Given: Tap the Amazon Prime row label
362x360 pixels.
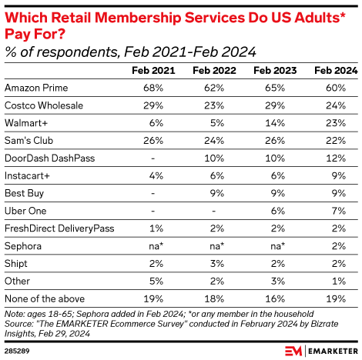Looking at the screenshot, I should click(32, 87).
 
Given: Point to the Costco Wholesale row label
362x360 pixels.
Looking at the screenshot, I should click(42, 104).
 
